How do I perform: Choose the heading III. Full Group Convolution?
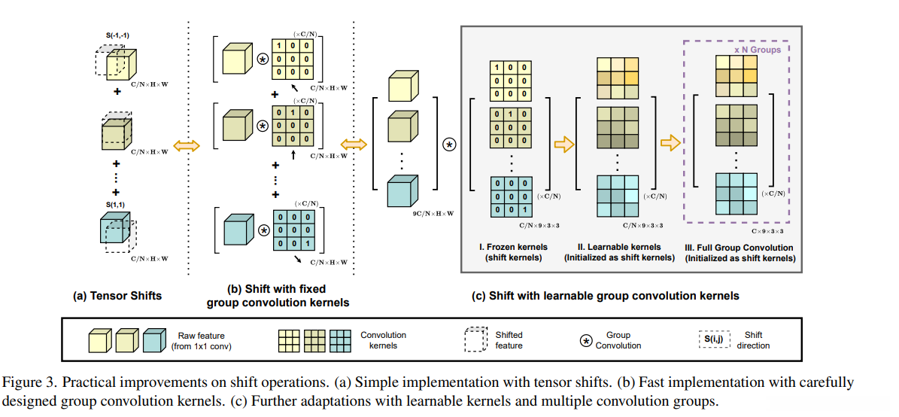[739, 247]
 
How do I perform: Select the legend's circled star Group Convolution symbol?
[585, 339]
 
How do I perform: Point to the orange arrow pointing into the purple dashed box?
[670, 143]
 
